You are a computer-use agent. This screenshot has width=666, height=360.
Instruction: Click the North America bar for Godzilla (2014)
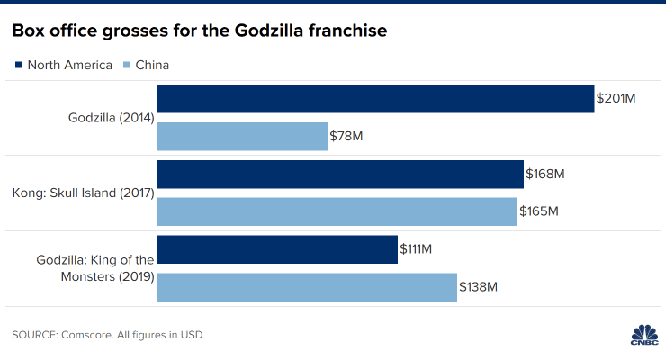click(x=376, y=99)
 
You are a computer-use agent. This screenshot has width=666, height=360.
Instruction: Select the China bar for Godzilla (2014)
click(x=243, y=136)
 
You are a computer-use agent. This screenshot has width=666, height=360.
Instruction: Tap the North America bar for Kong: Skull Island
click(x=340, y=175)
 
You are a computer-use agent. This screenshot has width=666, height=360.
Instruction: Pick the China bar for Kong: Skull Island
click(x=337, y=211)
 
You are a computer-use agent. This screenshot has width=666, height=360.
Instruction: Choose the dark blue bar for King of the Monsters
click(x=277, y=249)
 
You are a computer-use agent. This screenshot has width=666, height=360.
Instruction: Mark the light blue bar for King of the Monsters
click(x=307, y=286)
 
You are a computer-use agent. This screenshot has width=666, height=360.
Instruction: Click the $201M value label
click(x=616, y=99)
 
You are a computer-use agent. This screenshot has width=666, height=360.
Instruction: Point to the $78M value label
click(x=347, y=136)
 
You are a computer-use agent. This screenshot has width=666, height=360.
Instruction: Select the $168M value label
click(x=545, y=175)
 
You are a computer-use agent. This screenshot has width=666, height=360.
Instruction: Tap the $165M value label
click(x=540, y=211)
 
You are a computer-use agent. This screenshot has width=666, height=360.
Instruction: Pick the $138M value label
click(x=479, y=286)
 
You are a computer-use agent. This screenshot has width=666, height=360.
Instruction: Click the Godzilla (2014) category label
click(x=112, y=118)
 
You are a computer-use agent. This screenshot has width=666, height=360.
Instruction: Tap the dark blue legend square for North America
click(x=18, y=65)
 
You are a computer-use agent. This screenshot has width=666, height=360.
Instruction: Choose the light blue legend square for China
click(x=126, y=65)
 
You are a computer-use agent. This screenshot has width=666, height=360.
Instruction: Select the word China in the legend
click(x=152, y=65)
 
